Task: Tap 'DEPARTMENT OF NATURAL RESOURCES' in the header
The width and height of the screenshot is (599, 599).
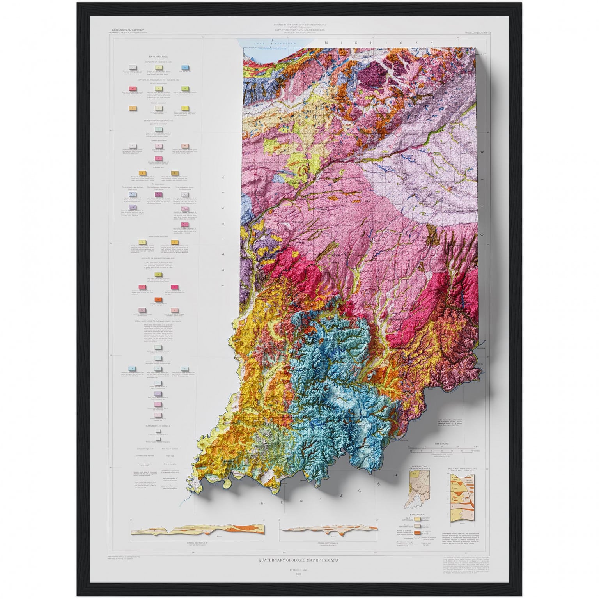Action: point(299,30)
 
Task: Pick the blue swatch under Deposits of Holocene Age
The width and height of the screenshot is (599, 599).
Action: point(186,69)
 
